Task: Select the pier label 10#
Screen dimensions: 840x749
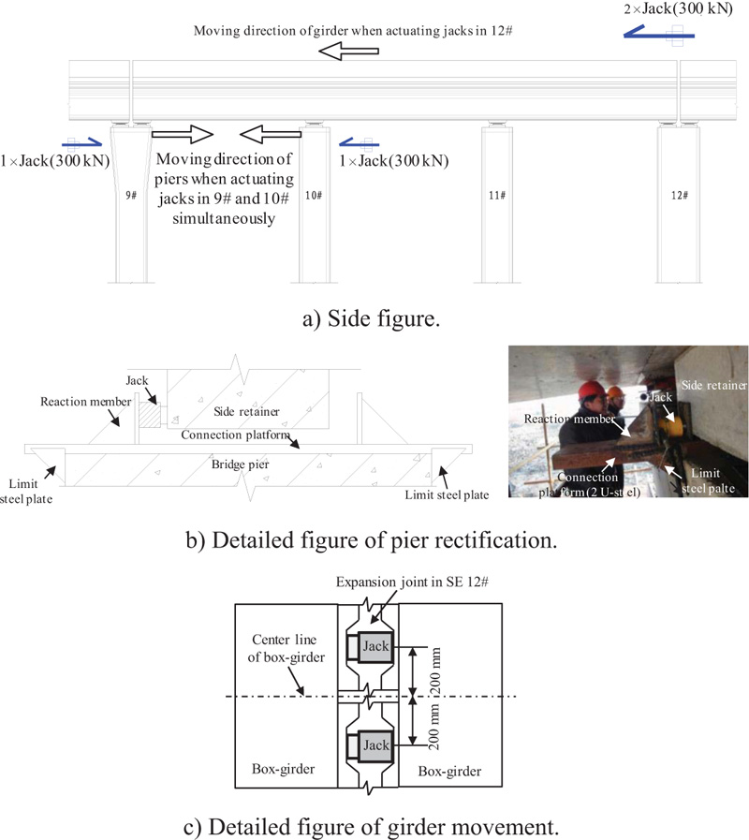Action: point(314,196)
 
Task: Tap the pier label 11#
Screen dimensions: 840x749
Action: point(497,196)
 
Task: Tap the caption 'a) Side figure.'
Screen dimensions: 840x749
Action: point(374,318)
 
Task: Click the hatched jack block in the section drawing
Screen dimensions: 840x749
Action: point(148,411)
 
